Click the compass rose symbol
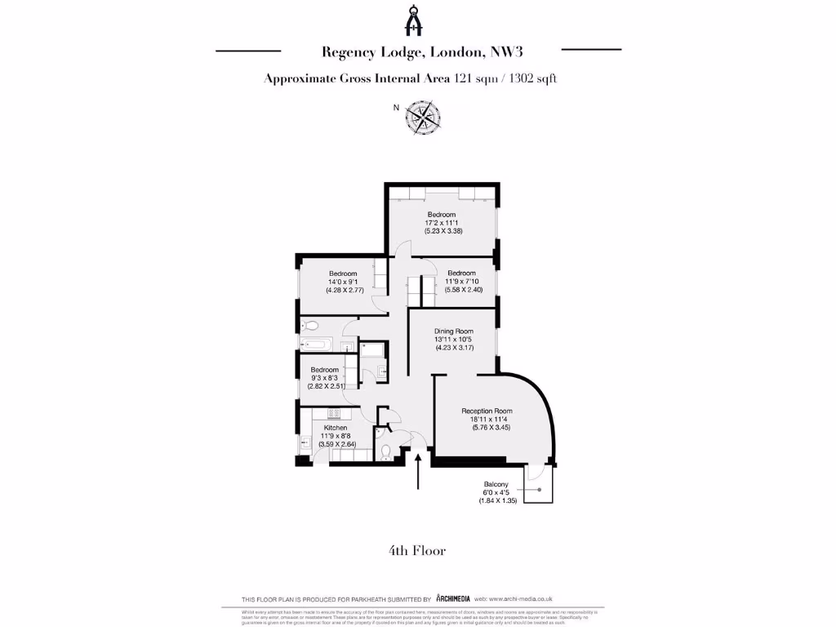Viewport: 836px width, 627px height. pyautogui.click(x=424, y=116)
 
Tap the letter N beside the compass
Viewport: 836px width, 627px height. pyautogui.click(x=397, y=108)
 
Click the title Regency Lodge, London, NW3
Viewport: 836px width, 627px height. pyautogui.click(x=421, y=51)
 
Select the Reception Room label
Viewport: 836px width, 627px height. pyautogui.click(x=487, y=411)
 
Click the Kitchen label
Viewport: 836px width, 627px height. pyautogui.click(x=336, y=428)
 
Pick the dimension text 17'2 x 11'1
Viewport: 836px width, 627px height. pyautogui.click(x=442, y=223)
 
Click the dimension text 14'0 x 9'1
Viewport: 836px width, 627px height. pyautogui.click(x=343, y=282)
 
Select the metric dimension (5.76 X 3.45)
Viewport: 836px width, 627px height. pyautogui.click(x=491, y=427)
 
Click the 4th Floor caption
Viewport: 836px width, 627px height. pyautogui.click(x=417, y=551)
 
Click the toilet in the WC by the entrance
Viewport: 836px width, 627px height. pyautogui.click(x=385, y=450)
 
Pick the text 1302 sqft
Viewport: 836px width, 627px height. pyautogui.click(x=532, y=79)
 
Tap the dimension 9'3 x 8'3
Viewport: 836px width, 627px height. pyautogui.click(x=324, y=378)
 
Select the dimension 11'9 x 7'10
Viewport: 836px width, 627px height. pyautogui.click(x=461, y=282)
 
